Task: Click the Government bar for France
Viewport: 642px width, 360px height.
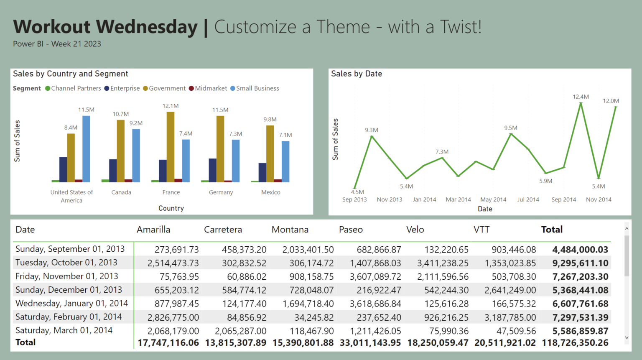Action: click(x=171, y=146)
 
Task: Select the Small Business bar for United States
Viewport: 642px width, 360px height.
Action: click(x=86, y=149)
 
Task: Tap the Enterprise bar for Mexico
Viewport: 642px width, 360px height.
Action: click(x=262, y=172)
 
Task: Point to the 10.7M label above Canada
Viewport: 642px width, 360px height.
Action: click(x=120, y=114)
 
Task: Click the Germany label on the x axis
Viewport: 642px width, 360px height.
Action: click(x=221, y=192)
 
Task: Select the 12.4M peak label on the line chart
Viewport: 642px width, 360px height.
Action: click(x=581, y=97)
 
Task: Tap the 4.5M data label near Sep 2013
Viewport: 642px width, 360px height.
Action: click(x=357, y=192)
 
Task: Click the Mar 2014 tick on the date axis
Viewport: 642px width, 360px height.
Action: click(x=458, y=199)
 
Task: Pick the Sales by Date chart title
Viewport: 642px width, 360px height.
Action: click(x=357, y=74)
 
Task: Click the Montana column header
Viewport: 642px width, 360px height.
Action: click(x=290, y=230)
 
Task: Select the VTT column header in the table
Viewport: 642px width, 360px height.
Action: click(x=481, y=230)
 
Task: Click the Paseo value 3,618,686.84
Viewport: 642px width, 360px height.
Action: click(x=375, y=304)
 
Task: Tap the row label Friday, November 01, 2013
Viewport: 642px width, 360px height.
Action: click(x=67, y=276)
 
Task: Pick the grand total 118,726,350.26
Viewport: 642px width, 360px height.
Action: click(x=575, y=343)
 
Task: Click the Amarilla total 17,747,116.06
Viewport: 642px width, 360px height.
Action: click(x=168, y=343)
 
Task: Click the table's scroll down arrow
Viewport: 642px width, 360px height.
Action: click(x=627, y=338)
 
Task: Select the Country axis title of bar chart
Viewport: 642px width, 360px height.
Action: click(x=171, y=208)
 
